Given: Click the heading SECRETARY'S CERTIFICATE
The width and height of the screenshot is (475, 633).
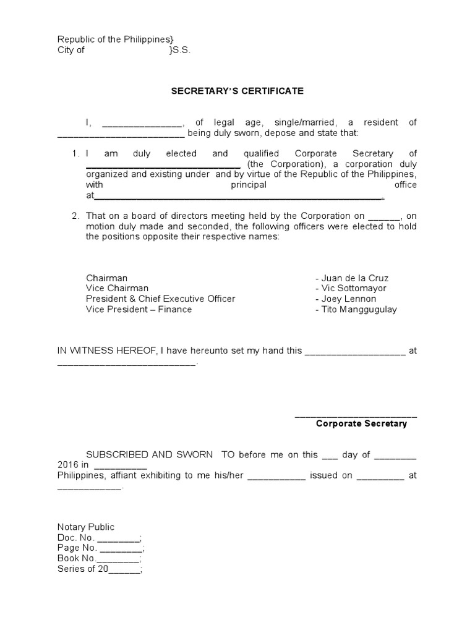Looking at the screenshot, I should tap(237, 91).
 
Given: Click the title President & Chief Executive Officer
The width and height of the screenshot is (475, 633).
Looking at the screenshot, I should tap(160, 299).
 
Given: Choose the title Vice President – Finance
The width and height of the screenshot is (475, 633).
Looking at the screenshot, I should tap(139, 310).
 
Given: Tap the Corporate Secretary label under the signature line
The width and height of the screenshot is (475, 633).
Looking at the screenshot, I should tap(361, 424).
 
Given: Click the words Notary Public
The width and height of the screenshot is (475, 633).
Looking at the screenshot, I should tap(86, 527).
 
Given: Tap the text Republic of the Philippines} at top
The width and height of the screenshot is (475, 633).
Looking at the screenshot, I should tap(111, 40).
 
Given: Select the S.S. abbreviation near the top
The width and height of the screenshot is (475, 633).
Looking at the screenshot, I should tap(182, 51).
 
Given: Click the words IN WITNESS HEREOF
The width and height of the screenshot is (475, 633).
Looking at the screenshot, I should tap(107, 350).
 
